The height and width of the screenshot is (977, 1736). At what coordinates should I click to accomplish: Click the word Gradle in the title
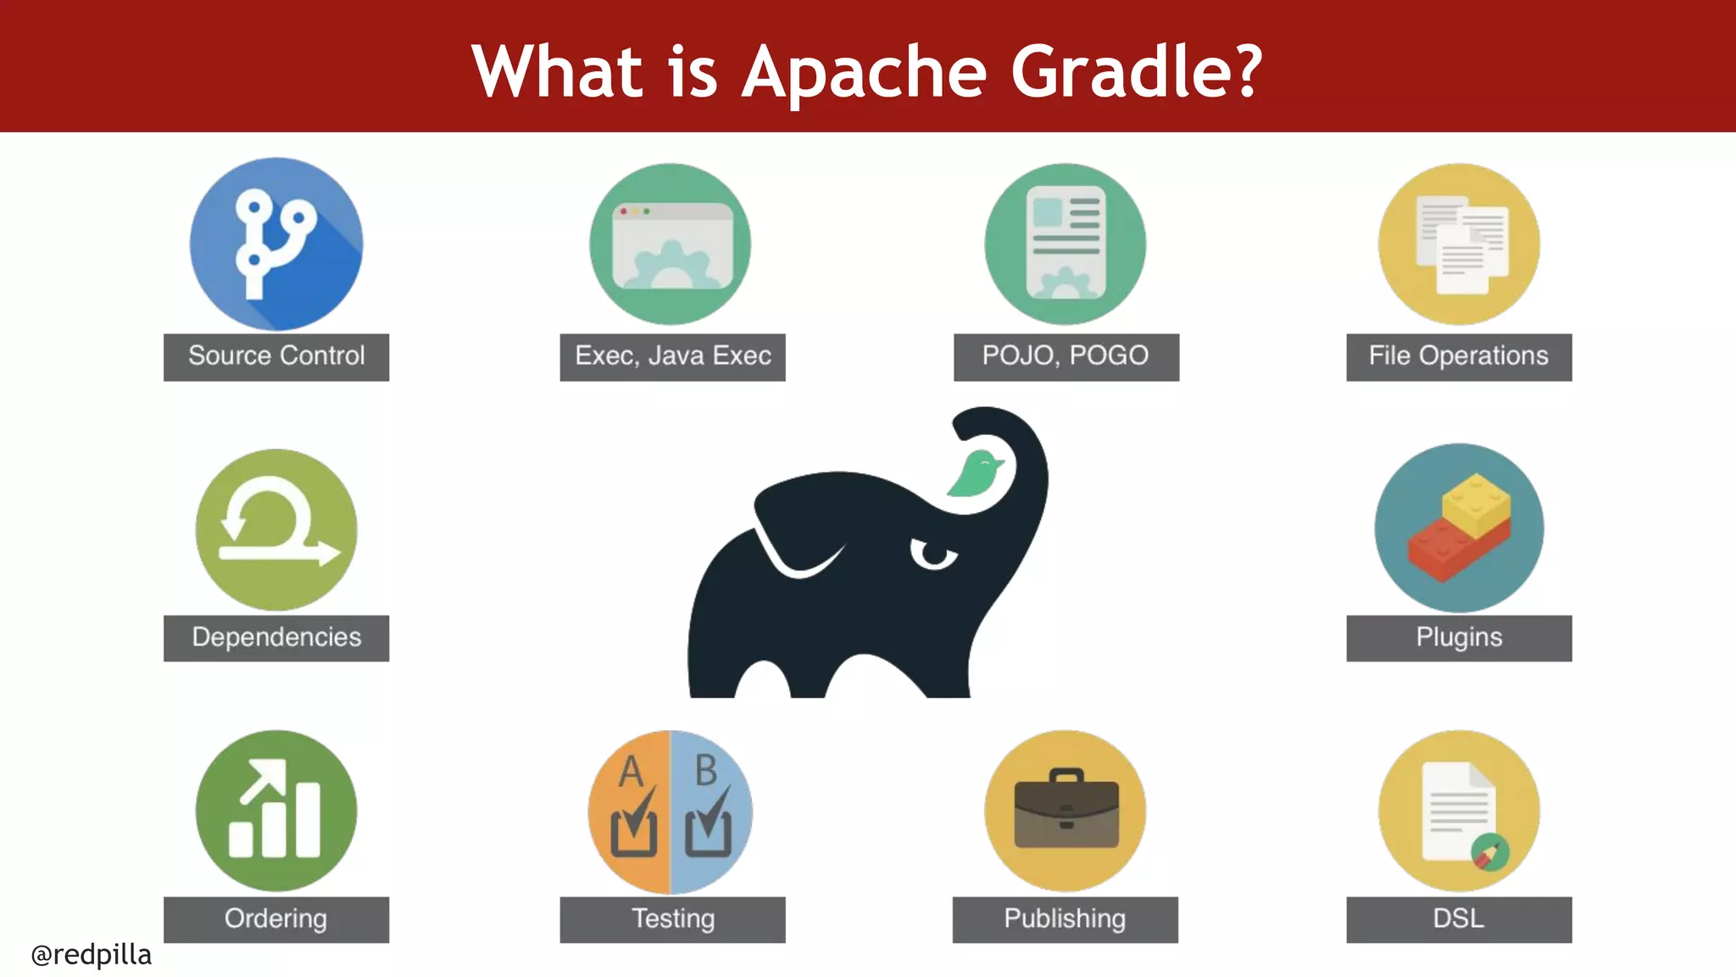1136,71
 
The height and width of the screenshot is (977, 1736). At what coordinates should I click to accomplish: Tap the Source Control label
276,356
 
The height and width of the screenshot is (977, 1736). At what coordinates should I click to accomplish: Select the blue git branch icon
276,244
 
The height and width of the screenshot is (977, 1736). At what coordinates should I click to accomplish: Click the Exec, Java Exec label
672,356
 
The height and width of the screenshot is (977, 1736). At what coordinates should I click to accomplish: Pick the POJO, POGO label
1066,356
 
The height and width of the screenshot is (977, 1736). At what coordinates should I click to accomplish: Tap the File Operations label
1458,356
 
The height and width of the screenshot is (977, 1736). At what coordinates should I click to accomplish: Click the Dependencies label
276,638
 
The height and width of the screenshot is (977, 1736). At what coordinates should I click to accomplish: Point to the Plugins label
1458,638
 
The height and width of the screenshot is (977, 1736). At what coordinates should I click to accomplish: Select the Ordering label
276,919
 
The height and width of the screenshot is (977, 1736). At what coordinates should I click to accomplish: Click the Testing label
672,919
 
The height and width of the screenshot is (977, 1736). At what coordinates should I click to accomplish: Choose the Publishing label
1065,919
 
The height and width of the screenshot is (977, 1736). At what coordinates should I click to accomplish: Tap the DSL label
1458,919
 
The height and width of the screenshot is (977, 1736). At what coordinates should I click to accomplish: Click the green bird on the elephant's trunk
976,474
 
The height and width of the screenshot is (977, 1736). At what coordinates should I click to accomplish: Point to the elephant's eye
934,555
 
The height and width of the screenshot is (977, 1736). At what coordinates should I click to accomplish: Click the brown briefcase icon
1066,811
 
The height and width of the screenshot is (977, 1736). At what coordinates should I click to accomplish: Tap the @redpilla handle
92,955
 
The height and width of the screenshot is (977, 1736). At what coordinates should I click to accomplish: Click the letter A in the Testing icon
632,772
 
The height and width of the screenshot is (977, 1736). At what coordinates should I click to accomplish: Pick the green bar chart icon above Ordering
276,811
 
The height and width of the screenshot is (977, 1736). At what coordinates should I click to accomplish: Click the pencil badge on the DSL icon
1489,853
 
